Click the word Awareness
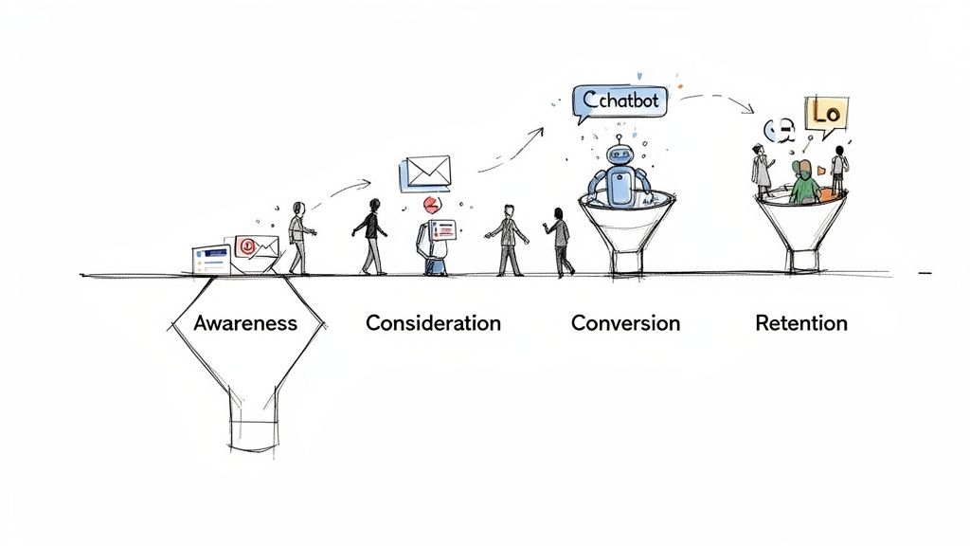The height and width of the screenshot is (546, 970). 244,323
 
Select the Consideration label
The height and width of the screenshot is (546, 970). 433,323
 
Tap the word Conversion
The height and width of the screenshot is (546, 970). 625,323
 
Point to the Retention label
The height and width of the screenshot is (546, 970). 800,323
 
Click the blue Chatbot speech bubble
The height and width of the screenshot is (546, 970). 620,101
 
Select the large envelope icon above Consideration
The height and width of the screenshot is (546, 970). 427,172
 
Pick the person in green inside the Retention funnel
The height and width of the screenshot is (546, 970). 804,184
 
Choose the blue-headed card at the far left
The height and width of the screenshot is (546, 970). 210,259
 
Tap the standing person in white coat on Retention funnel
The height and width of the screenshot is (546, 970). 761,170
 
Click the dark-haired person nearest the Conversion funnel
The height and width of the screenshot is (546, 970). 560,242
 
